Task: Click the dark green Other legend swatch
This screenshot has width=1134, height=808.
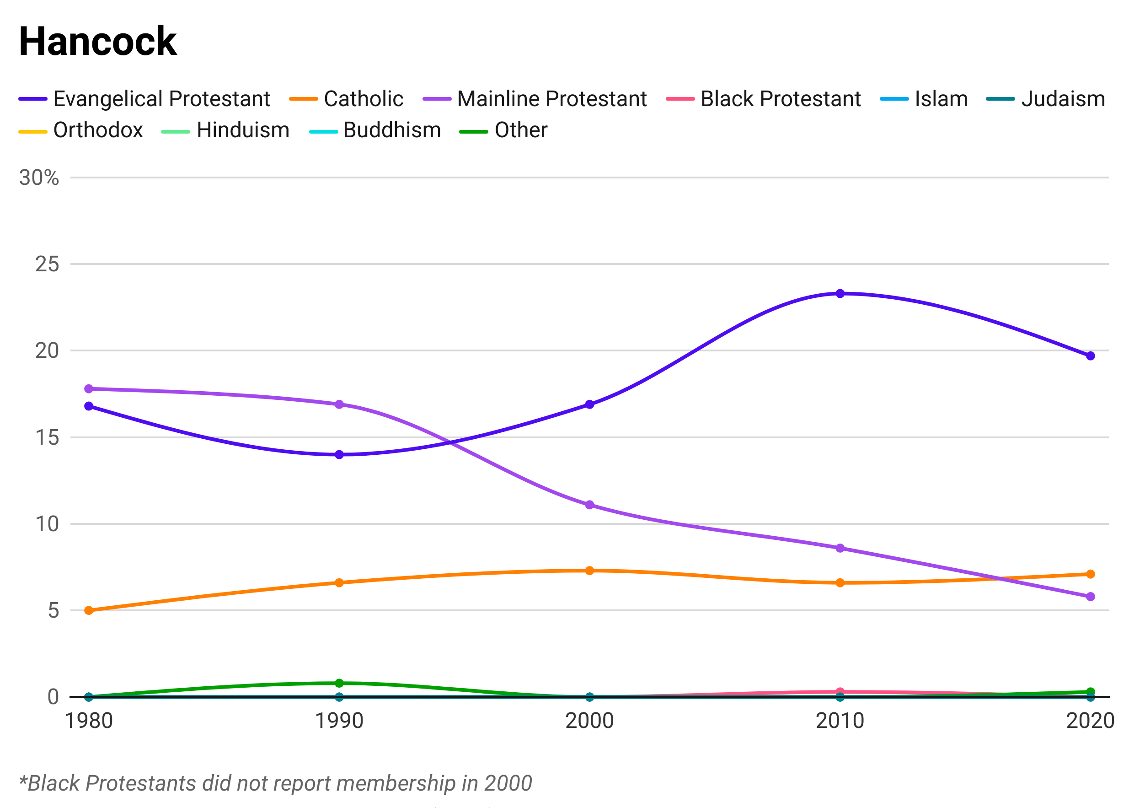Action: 471,133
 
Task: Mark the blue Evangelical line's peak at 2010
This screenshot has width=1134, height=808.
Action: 840,301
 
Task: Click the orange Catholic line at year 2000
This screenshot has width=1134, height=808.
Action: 589,569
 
